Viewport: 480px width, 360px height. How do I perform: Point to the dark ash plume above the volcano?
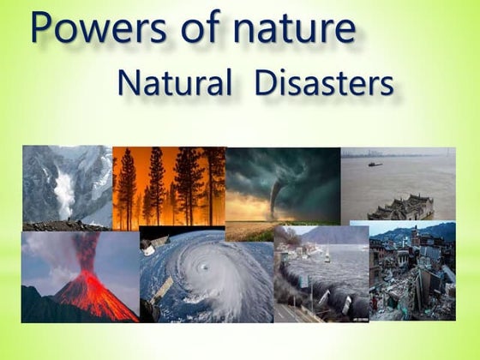(86, 249)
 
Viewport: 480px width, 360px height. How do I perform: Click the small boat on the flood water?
(375, 164)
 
